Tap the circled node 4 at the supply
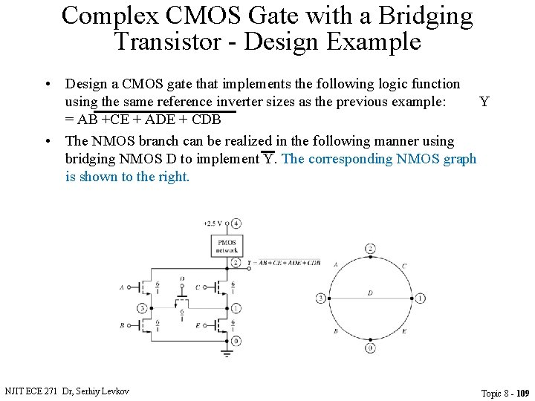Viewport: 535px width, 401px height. click(236, 223)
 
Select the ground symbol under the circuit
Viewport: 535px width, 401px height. click(227, 353)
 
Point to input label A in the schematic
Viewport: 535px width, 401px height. click(122, 287)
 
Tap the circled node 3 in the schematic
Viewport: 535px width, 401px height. click(142, 307)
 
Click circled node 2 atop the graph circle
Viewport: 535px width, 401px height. click(370, 248)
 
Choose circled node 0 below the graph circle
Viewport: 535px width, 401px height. click(370, 348)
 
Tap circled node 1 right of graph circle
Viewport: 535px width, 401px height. click(420, 298)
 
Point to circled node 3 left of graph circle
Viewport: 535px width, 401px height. click(321, 298)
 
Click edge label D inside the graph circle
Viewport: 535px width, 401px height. click(370, 293)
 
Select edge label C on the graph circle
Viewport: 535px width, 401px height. click(403, 265)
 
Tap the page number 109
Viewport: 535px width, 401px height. click(522, 393)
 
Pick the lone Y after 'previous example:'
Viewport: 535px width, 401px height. click(484, 102)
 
